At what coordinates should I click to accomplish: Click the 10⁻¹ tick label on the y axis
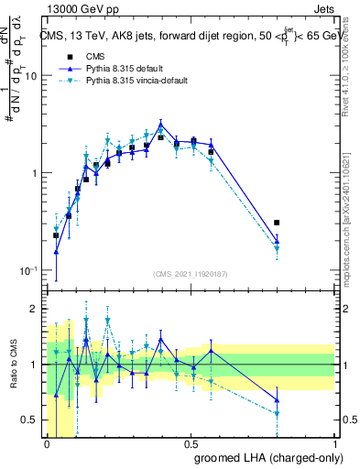[x=28, y=271]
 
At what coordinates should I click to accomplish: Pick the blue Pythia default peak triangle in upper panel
[x=161, y=125]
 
